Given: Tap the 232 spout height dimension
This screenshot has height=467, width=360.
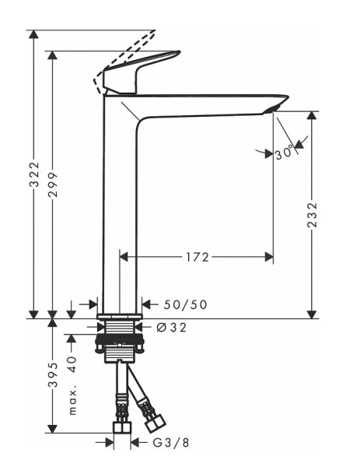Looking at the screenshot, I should (x=312, y=215).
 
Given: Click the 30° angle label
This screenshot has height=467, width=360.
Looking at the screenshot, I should (x=286, y=153).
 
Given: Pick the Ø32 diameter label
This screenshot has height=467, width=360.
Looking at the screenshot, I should (x=172, y=327).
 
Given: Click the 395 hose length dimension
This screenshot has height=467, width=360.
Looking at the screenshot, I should (x=52, y=376).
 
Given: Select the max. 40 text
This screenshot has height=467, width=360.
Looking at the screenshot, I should (x=73, y=386).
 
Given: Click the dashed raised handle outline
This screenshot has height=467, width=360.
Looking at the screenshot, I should (x=128, y=52).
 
